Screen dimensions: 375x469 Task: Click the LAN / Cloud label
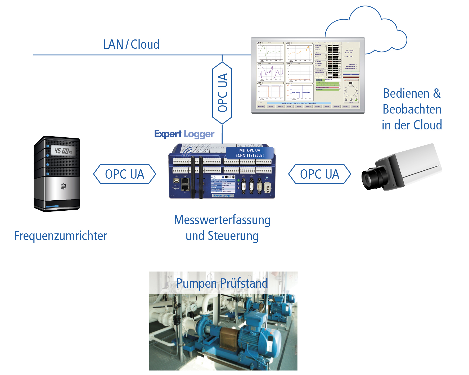tap(131, 44)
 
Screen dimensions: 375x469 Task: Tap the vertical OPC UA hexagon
tap(222, 93)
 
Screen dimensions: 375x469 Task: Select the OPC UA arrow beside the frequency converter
tap(125, 174)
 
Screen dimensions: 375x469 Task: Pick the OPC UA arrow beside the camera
tap(319, 174)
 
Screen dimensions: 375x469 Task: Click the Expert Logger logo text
tap(184, 134)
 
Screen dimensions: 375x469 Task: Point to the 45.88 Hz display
tap(63, 151)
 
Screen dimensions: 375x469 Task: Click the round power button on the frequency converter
tap(63, 186)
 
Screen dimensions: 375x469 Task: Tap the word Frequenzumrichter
tap(61, 236)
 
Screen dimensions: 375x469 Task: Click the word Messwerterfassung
tap(222, 220)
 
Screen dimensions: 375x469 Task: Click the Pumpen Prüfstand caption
tap(222, 283)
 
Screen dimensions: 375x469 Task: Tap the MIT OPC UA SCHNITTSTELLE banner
tap(250, 153)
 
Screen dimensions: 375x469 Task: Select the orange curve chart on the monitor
tap(300, 52)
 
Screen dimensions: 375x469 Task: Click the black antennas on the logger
tap(197, 177)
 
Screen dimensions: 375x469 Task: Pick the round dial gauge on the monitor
tap(351, 91)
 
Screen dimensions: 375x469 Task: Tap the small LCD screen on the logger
tap(223, 184)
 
